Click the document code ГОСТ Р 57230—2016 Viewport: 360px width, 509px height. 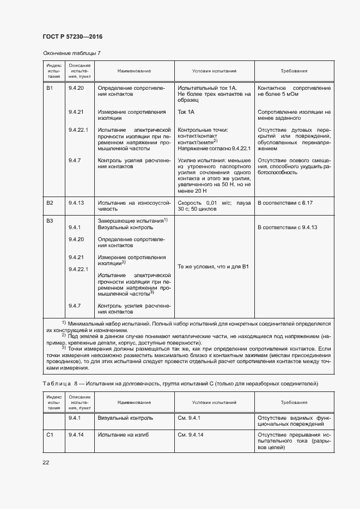pos(72,36)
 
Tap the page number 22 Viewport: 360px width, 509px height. pos(46,462)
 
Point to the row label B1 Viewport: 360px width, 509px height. pos(50,88)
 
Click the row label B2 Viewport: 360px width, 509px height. pos(50,203)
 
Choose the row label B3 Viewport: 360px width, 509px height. pos(50,220)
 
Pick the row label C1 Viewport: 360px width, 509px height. pos(50,435)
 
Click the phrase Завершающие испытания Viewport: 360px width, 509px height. pos(130,220)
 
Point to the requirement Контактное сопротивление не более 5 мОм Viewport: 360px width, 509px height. pos(294,91)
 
